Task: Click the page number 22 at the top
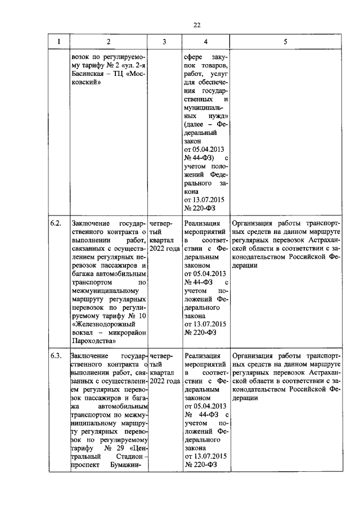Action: click(196, 25)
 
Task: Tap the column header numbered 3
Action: click(164, 42)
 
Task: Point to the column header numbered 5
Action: click(285, 42)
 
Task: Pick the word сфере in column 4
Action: click(193, 56)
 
